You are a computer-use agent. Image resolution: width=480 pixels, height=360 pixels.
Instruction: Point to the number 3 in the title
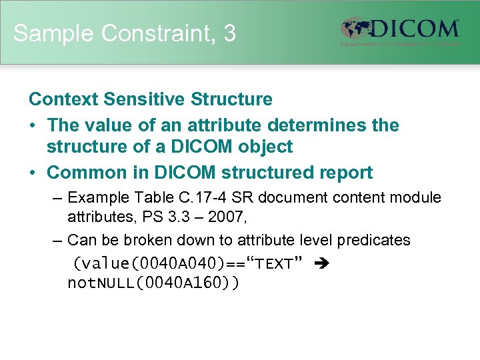[x=230, y=33]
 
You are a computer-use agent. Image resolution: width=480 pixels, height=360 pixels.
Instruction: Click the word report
[x=341, y=173]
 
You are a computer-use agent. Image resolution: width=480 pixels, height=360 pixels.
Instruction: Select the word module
[x=414, y=198]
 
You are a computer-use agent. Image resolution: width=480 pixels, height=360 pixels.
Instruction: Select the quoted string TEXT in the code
[x=275, y=264]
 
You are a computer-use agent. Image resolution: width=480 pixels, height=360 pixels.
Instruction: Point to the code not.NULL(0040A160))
[x=153, y=283]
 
